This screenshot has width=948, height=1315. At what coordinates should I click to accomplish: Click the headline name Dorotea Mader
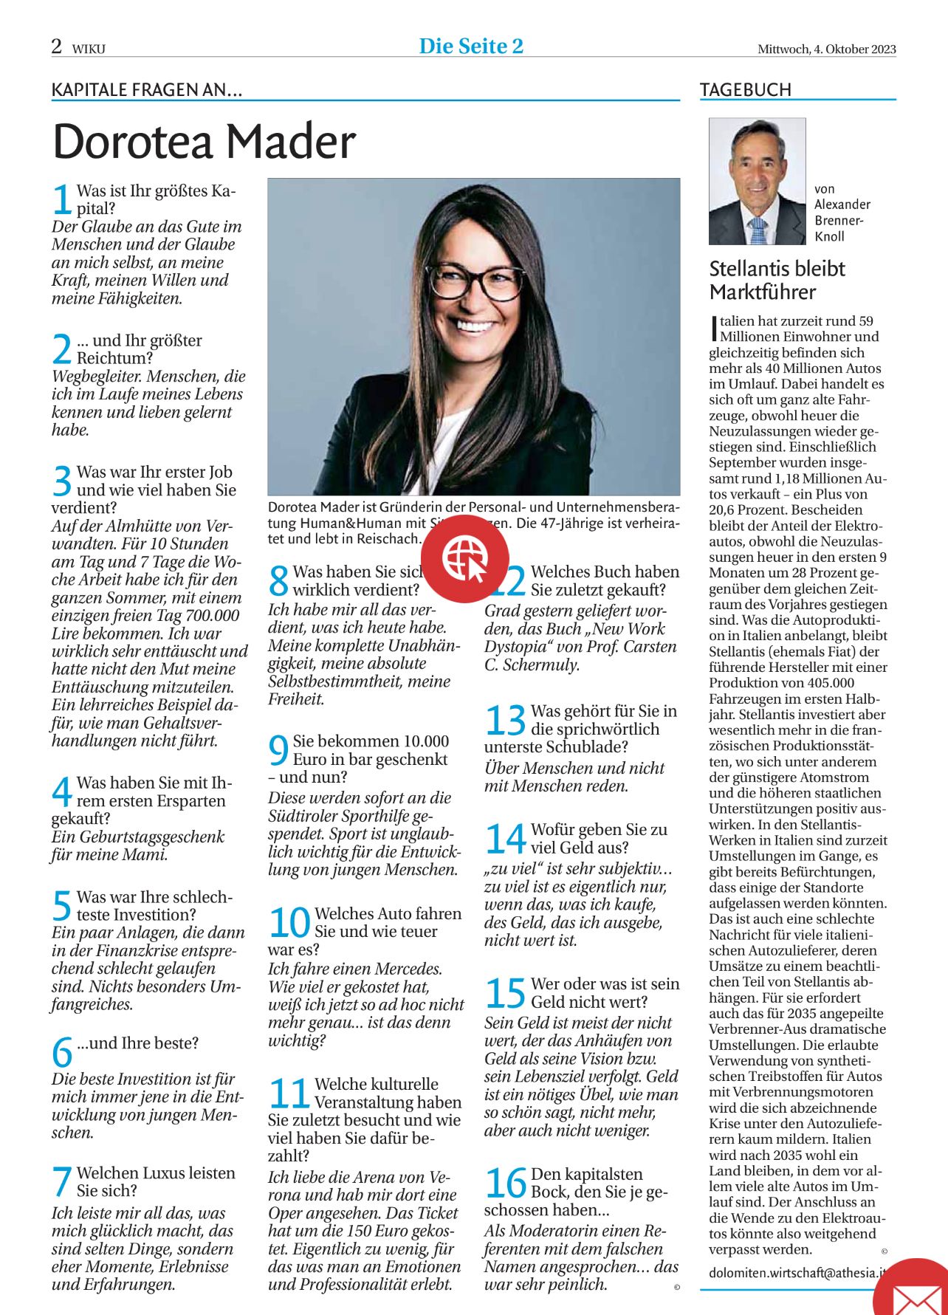tap(205, 141)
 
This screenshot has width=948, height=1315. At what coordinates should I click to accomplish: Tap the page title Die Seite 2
tap(471, 46)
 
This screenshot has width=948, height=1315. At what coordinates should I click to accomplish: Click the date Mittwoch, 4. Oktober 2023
tap(826, 49)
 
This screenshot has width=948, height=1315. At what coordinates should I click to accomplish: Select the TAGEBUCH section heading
tap(745, 90)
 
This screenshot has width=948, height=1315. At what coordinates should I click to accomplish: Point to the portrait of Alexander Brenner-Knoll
tap(757, 181)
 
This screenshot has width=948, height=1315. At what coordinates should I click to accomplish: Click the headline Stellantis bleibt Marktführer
tap(777, 280)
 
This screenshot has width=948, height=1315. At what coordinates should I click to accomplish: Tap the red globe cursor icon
tap(465, 558)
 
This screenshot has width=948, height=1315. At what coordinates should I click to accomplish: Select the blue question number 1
tap(62, 199)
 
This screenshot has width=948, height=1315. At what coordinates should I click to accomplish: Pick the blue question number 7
tap(62, 1181)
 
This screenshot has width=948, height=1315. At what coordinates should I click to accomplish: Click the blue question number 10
tap(289, 923)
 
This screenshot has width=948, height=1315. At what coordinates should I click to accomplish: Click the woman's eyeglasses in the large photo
tap(475, 281)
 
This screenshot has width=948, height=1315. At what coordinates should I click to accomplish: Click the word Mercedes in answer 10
tap(408, 969)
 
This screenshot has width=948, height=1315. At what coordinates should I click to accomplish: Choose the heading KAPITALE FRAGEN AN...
tap(146, 90)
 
